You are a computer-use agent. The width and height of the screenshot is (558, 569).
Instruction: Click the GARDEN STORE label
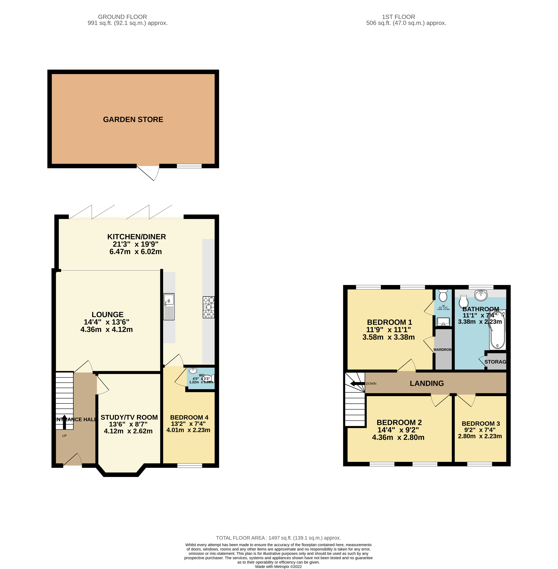tap(133, 120)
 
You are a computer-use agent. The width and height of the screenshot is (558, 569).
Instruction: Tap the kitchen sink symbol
tap(169, 307)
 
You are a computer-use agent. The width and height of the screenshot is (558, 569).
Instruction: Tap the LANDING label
tap(427, 383)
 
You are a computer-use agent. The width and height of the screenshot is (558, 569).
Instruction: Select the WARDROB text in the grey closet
tap(442, 350)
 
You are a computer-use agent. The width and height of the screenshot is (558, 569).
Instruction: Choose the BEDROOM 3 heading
tap(481, 423)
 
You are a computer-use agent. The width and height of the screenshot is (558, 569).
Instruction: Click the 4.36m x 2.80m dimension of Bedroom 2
tap(398, 437)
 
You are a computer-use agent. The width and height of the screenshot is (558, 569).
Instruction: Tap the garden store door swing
tap(149, 173)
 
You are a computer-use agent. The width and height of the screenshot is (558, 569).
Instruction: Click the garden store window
tap(189, 166)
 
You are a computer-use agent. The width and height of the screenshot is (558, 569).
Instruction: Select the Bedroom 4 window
tap(190, 465)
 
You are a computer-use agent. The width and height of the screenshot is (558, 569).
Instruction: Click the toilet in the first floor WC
tap(443, 296)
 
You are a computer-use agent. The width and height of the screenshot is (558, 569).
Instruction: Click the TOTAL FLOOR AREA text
tap(278, 538)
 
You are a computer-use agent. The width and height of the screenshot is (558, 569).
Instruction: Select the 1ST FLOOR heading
tap(398, 17)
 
